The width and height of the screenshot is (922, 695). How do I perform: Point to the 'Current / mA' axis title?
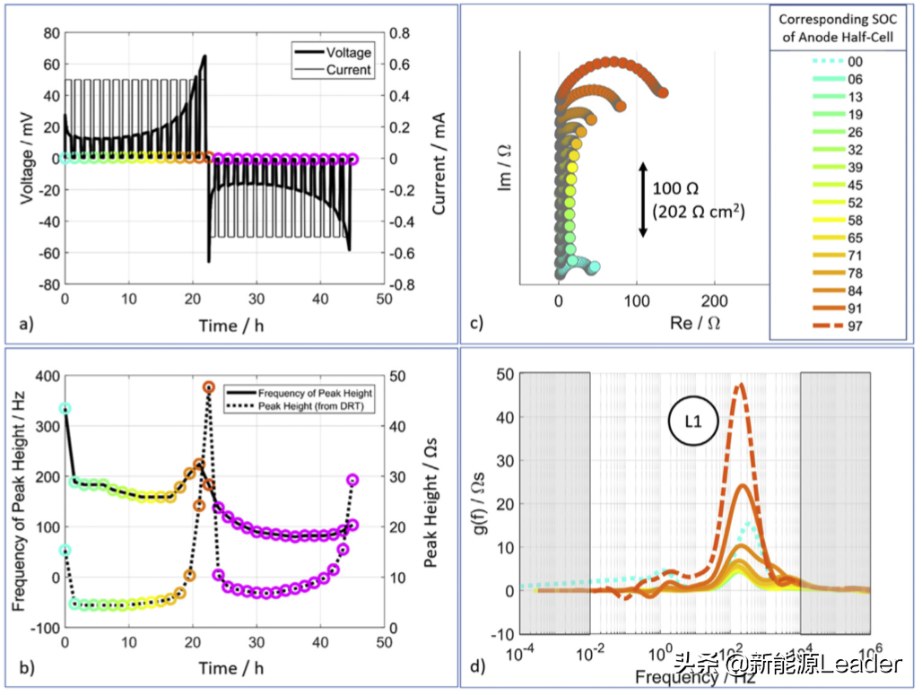[439, 159]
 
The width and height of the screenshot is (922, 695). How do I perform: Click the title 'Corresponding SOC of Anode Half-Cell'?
[839, 29]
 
